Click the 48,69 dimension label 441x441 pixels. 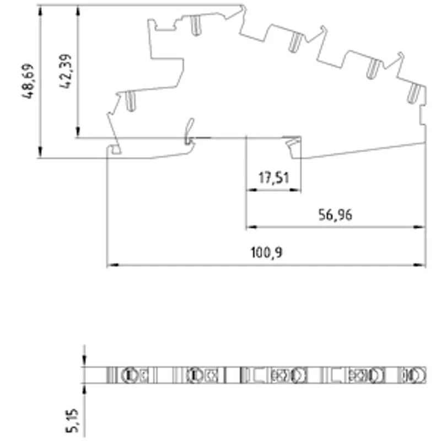tap(28, 81)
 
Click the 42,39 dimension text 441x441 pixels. tap(66, 71)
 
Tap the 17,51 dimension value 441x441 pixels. tap(273, 178)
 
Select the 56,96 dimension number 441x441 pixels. tap(335, 215)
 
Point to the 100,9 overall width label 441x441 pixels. tap(266, 252)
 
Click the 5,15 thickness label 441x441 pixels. tap(72, 421)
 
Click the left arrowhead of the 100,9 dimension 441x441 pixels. tap(113, 265)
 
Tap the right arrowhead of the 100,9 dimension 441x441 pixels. tap(420, 265)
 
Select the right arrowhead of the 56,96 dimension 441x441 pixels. tap(419, 227)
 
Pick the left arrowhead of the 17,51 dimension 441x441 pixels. tap(252, 190)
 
